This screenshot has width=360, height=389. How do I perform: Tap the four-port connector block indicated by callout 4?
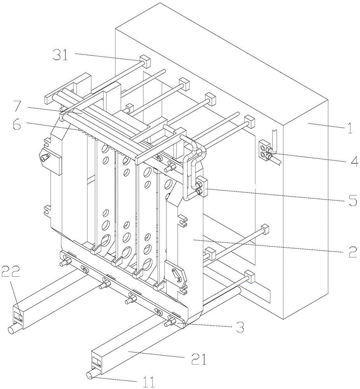[x=266, y=151]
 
